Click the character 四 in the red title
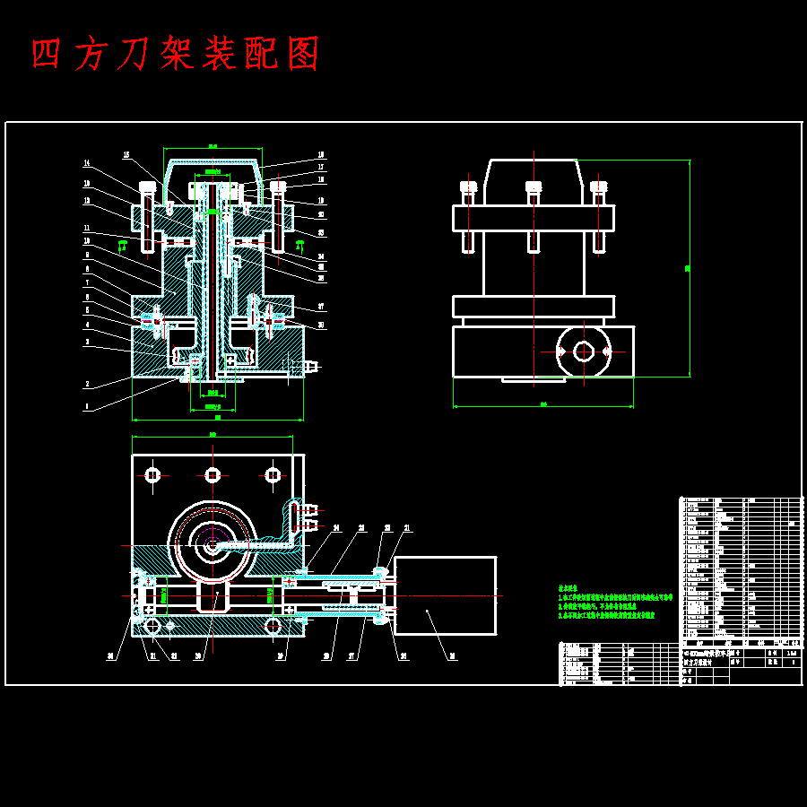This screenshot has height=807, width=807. tap(46, 55)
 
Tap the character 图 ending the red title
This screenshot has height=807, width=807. tap(305, 55)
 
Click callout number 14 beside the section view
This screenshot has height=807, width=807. tap(87, 163)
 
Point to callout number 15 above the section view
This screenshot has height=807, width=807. tap(126, 153)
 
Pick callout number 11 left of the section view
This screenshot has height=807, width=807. tap(87, 227)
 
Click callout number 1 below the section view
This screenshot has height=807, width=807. tap(87, 406)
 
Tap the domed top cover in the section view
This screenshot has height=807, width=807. tap(213, 167)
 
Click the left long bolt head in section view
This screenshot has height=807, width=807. tap(148, 188)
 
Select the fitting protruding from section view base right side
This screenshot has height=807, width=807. tap(310, 366)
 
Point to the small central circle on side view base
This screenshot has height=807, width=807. tap(584, 351)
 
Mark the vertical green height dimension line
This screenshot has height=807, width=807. tap(689, 269)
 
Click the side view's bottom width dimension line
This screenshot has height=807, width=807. tap(543, 406)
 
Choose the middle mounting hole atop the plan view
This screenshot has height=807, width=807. tap(213, 474)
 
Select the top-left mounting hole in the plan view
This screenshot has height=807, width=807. tap(152, 474)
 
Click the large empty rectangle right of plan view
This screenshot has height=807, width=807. tap(445, 594)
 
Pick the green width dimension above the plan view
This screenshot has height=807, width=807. tap(213, 437)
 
